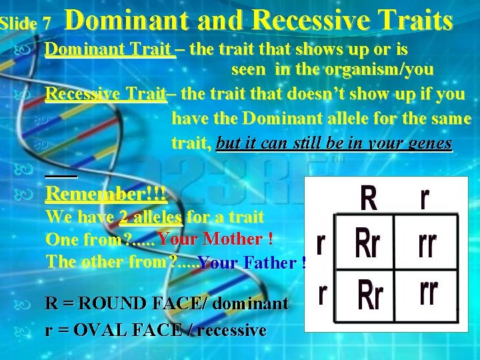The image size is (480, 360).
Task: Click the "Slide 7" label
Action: pyautogui.click(x=25, y=23)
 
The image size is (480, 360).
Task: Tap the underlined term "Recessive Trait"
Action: pyautogui.click(x=105, y=94)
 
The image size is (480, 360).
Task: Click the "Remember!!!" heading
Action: pyautogui.click(x=106, y=195)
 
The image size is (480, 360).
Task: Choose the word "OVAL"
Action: pyautogui.click(x=94, y=329)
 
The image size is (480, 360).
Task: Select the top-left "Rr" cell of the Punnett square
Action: pyautogui.click(x=367, y=243)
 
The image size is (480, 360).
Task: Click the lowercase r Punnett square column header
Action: pyautogui.click(x=424, y=197)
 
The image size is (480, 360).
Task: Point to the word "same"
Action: pyautogui.click(x=449, y=119)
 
